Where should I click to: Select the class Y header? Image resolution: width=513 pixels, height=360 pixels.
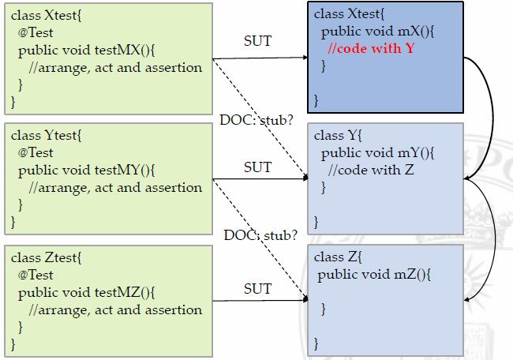click(x=336, y=136)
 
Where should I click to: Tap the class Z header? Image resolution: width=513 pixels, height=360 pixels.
click(x=336, y=257)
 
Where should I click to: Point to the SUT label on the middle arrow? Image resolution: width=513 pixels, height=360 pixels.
click(x=257, y=167)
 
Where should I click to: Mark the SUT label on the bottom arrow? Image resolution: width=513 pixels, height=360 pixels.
click(x=257, y=289)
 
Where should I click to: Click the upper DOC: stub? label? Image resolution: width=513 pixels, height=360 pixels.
click(x=257, y=121)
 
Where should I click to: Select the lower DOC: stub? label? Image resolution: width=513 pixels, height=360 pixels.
click(x=260, y=234)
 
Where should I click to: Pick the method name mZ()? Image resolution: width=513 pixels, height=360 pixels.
click(x=409, y=275)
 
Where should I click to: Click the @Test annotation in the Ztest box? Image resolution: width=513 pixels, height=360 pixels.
click(x=36, y=275)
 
